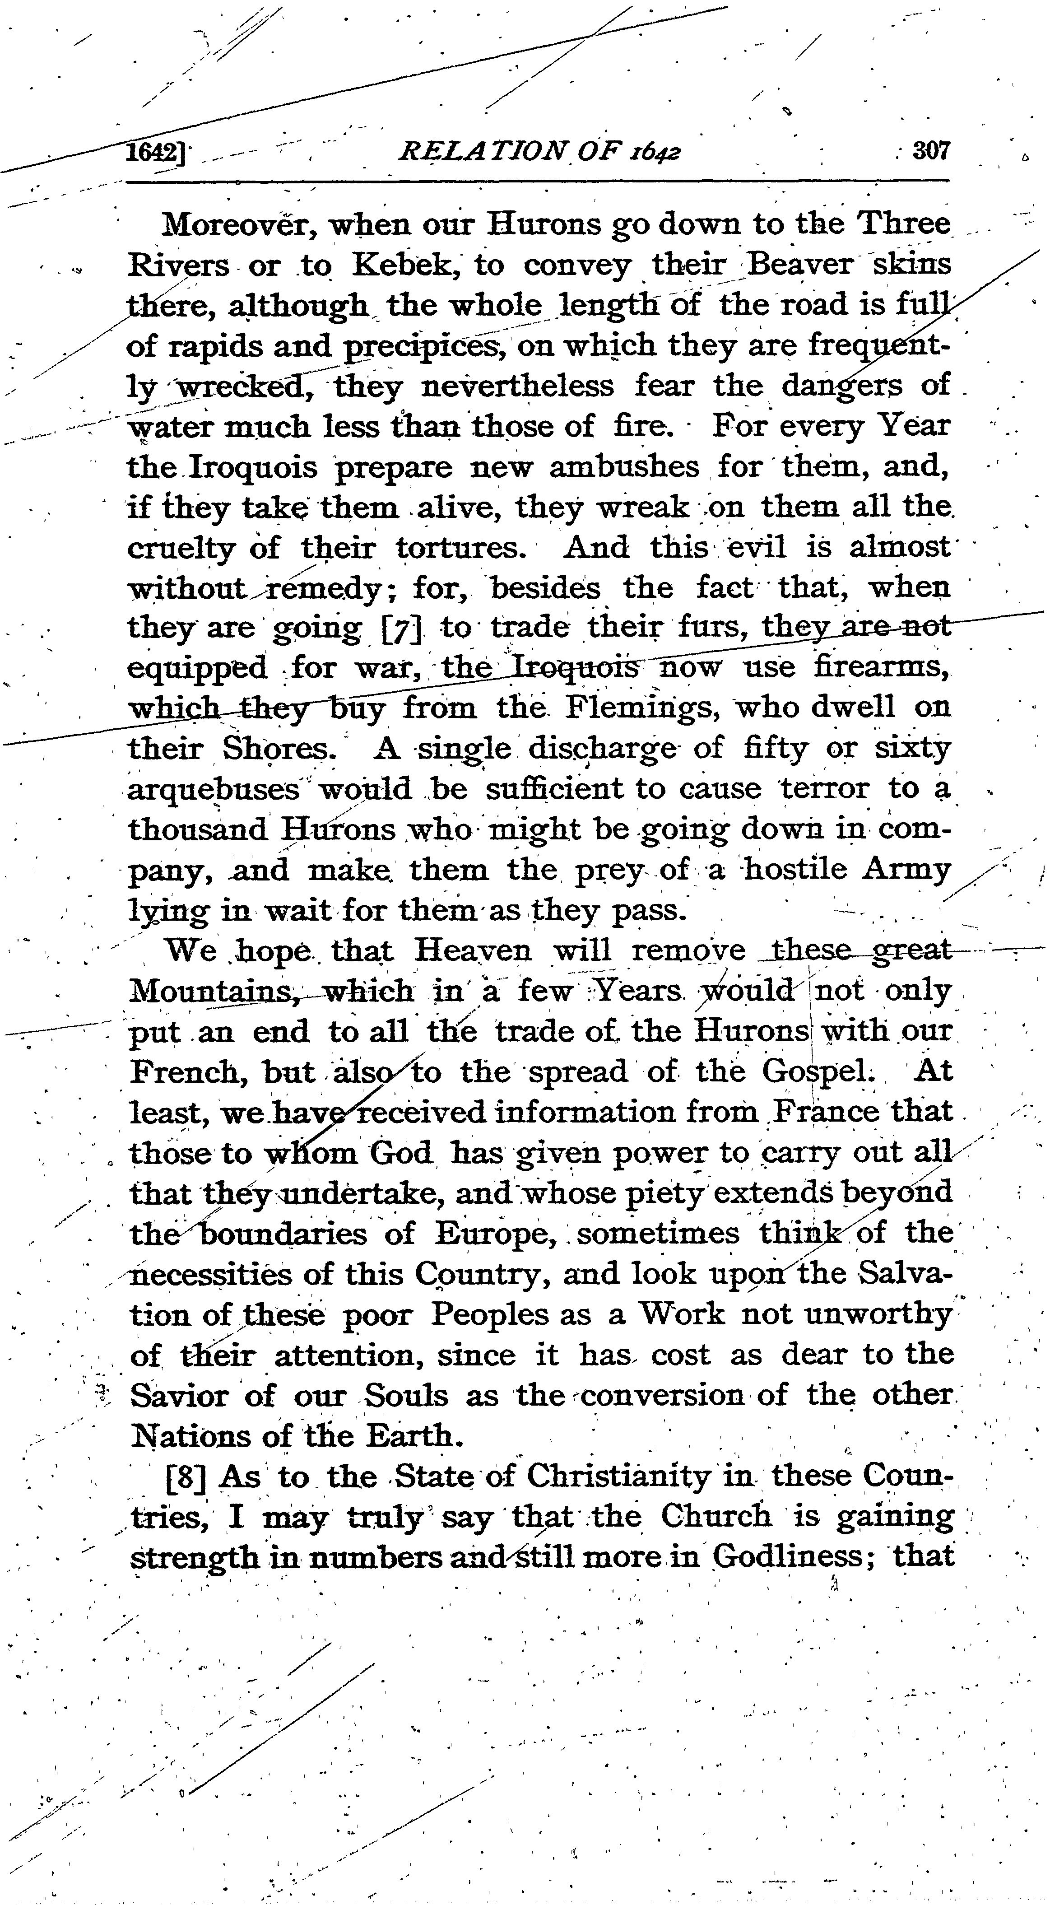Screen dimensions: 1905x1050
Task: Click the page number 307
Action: tap(930, 152)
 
